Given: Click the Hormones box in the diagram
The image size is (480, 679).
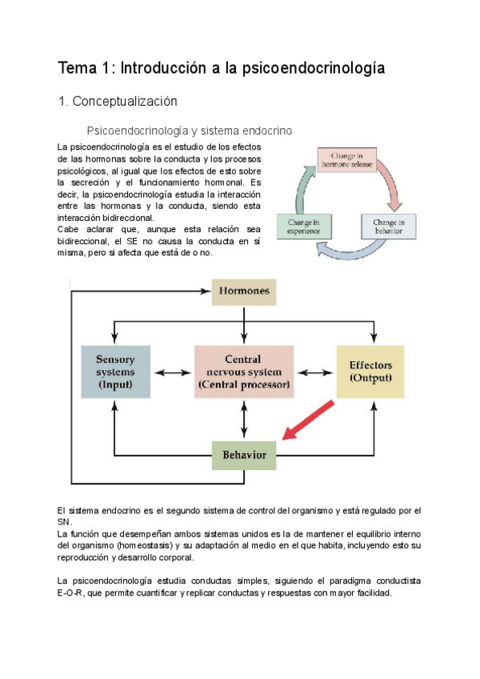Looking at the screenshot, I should tap(244, 291).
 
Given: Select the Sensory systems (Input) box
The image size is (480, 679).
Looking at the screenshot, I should tap(116, 372).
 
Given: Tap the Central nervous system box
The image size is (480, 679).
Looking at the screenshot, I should tap(244, 372).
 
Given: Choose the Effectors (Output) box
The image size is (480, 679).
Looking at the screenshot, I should tap(370, 372).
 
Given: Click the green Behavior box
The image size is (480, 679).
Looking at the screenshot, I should tap(244, 455).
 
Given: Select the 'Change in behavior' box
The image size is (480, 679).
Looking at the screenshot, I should tap(389, 227).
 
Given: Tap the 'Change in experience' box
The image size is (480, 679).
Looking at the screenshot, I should tap(304, 227).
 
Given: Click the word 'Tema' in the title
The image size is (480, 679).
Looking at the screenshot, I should tap(77, 69).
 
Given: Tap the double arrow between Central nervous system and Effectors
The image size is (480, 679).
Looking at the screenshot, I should tap(314, 372).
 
